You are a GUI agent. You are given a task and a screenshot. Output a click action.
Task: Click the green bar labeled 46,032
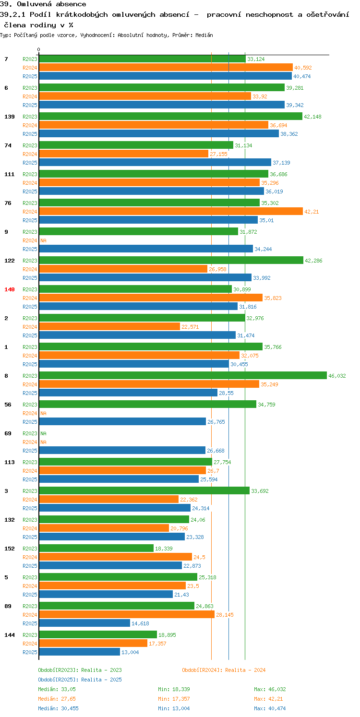point(183,375)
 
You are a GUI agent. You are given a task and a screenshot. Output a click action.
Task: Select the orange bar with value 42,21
point(171,211)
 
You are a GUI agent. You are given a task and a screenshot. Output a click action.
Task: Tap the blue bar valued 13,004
point(79,652)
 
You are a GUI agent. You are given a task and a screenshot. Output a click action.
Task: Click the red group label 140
point(10,289)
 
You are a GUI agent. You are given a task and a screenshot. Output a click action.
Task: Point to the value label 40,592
point(303,68)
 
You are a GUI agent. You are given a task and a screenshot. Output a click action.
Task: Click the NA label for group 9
point(43,240)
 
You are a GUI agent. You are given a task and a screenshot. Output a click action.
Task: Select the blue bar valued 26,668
point(122,450)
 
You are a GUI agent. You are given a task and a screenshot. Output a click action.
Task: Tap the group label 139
point(10,117)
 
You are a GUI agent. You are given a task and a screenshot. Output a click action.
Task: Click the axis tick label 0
point(39,49)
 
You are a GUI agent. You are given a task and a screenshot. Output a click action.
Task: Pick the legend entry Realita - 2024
point(224,670)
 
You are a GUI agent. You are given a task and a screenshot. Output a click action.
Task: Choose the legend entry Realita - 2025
point(80,680)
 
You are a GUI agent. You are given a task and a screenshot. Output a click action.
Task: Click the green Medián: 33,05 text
point(57,689)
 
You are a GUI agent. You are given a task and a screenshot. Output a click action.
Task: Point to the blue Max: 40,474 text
point(270,708)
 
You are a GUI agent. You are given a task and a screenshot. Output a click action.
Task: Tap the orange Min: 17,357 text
point(174,699)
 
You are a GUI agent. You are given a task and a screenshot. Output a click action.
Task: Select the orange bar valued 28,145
point(127,615)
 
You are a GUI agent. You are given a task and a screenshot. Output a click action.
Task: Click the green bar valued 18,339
point(96,549)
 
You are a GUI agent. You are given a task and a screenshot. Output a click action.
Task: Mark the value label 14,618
point(140,623)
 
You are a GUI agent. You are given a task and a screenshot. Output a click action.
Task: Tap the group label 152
point(10,549)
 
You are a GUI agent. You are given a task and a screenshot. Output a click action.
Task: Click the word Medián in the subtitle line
point(204,35)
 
